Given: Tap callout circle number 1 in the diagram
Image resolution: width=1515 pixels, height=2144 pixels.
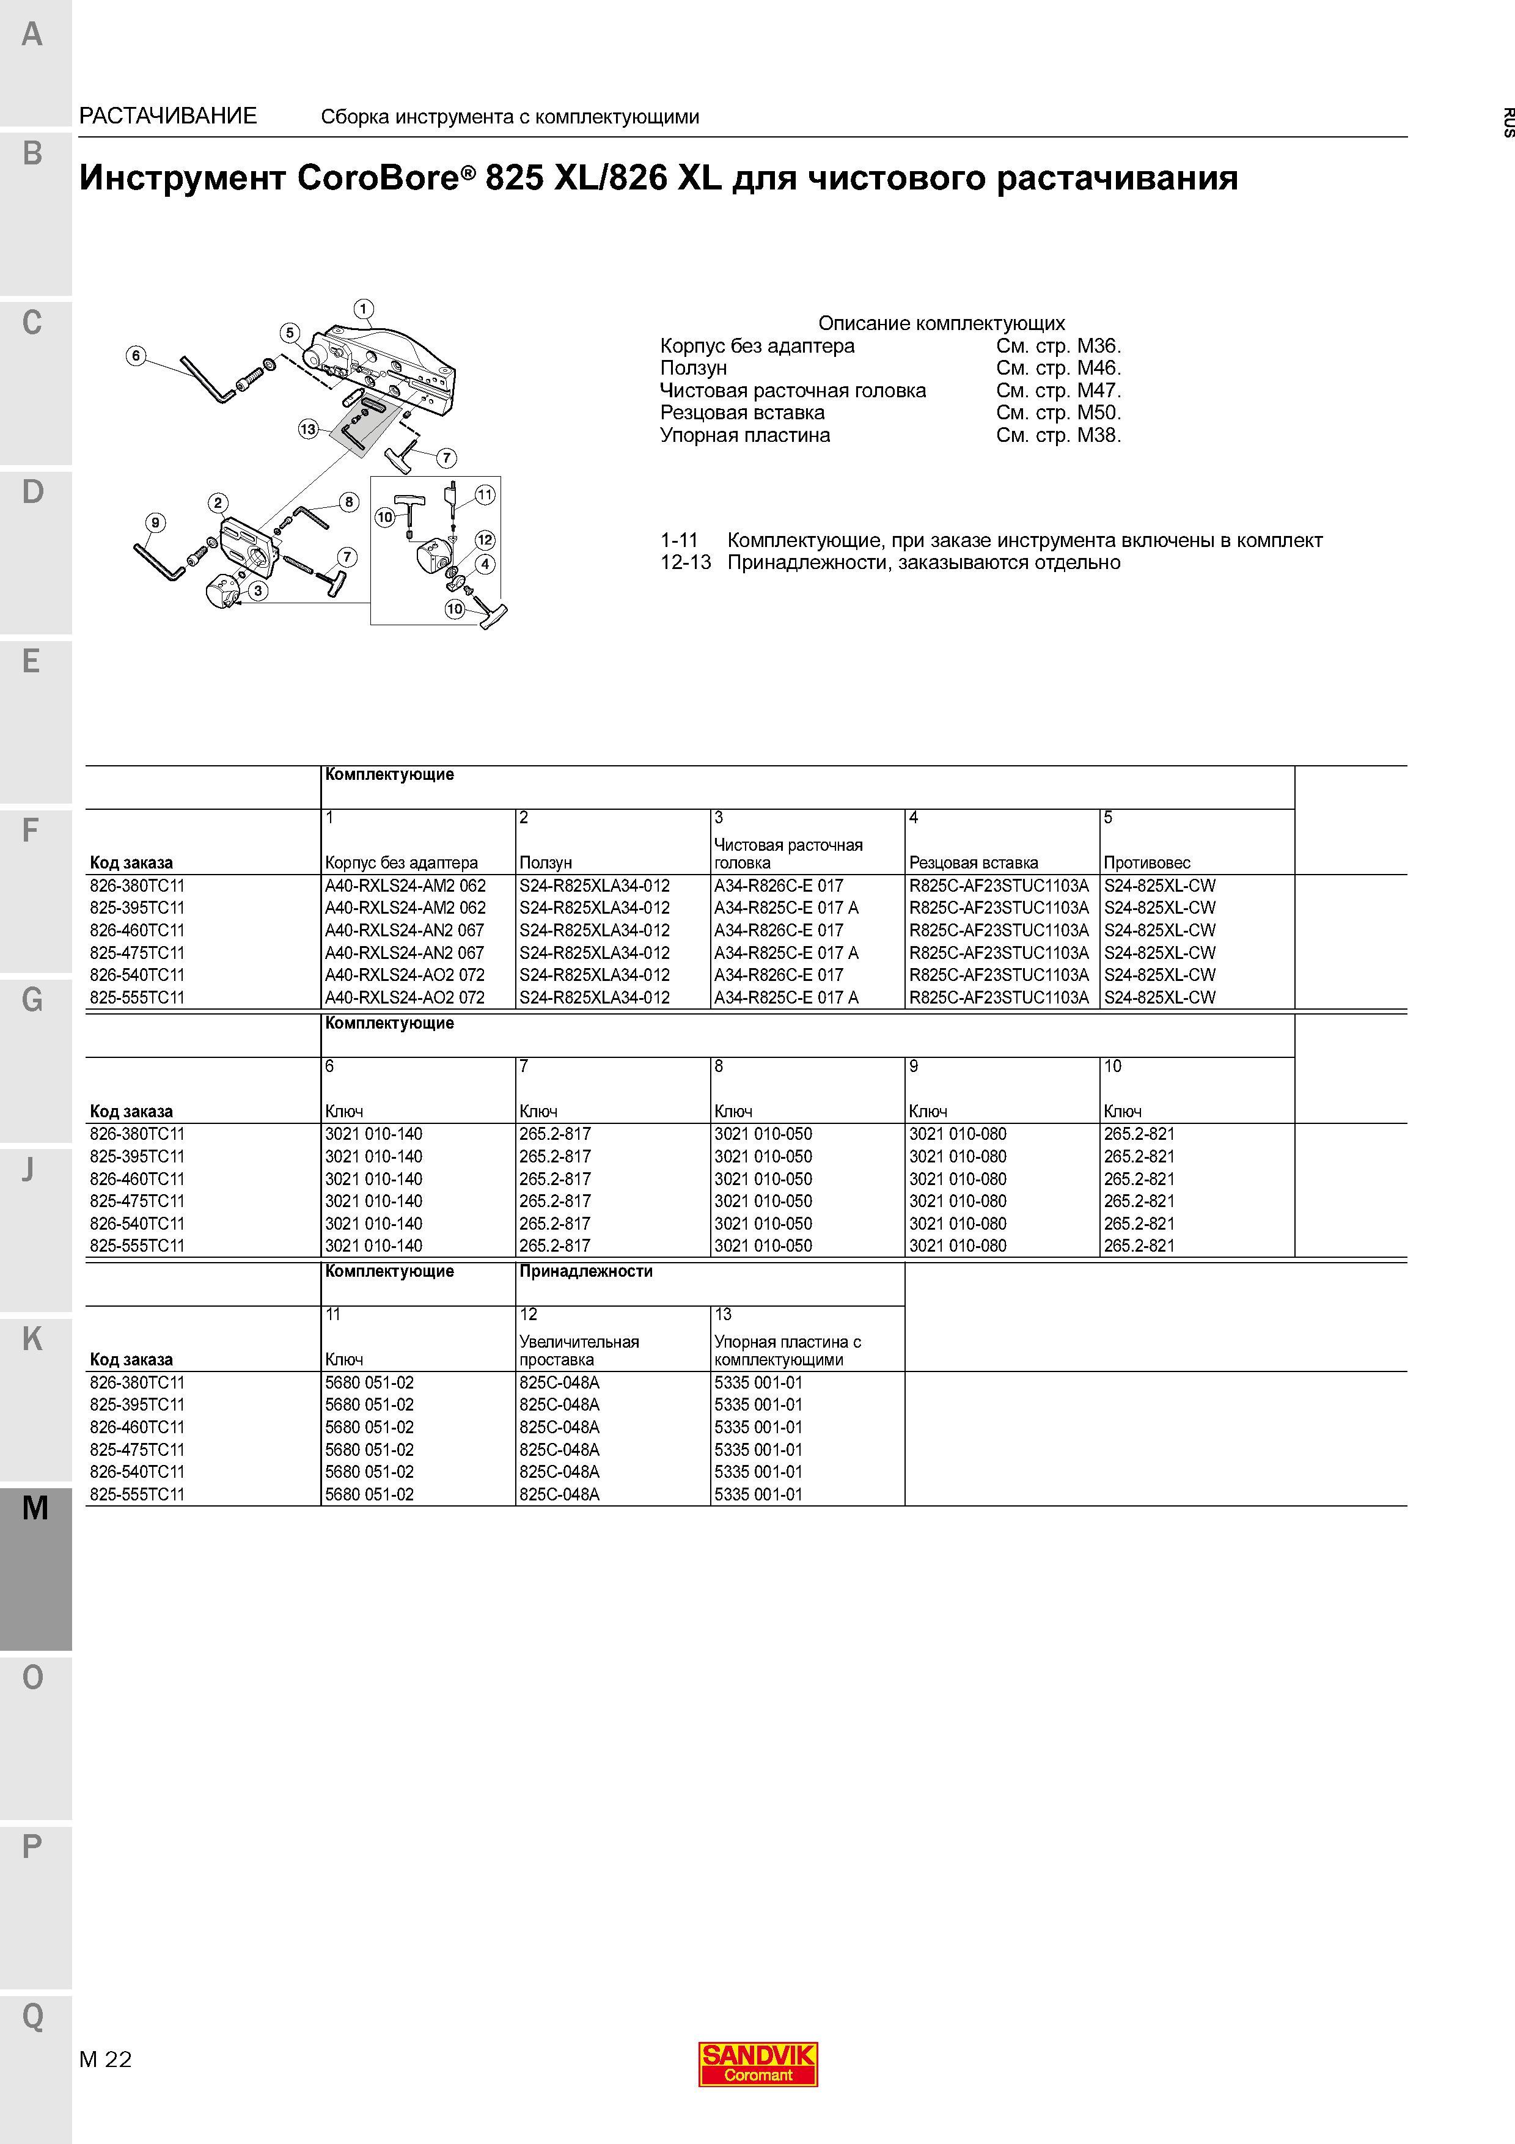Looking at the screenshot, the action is coord(364,309).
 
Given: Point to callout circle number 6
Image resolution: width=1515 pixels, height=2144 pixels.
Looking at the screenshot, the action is coord(136,355).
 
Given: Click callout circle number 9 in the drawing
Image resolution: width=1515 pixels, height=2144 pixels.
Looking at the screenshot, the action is coord(156,522).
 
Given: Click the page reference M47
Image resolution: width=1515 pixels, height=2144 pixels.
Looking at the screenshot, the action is coord(1099,391).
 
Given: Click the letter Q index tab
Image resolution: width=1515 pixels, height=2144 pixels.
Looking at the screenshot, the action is coord(32,2016).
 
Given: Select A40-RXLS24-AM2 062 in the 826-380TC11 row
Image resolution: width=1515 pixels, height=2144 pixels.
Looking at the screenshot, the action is coord(405,885).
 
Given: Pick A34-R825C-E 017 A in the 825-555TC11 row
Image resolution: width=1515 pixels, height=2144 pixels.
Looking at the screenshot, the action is coord(786,997).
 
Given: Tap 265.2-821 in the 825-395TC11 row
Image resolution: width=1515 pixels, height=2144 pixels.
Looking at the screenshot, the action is coord(1139,1156).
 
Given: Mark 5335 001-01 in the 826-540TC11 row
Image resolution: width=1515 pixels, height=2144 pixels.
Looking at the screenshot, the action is coord(758,1472).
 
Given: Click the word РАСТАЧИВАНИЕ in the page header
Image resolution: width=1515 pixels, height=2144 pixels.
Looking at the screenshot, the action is coord(168,116).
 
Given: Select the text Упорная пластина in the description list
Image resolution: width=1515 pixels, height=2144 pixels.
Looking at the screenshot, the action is coord(745,435).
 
